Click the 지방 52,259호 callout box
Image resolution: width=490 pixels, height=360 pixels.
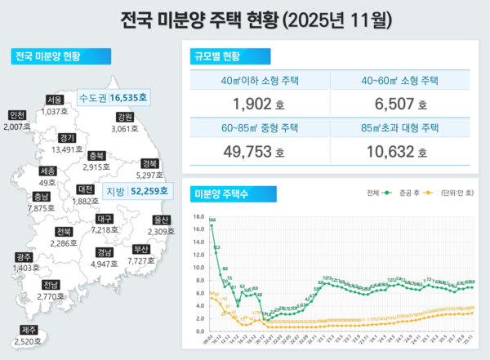click(x=136, y=191)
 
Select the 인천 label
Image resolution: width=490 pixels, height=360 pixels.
click(x=16, y=115)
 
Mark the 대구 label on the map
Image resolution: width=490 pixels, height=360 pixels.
click(x=104, y=219)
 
